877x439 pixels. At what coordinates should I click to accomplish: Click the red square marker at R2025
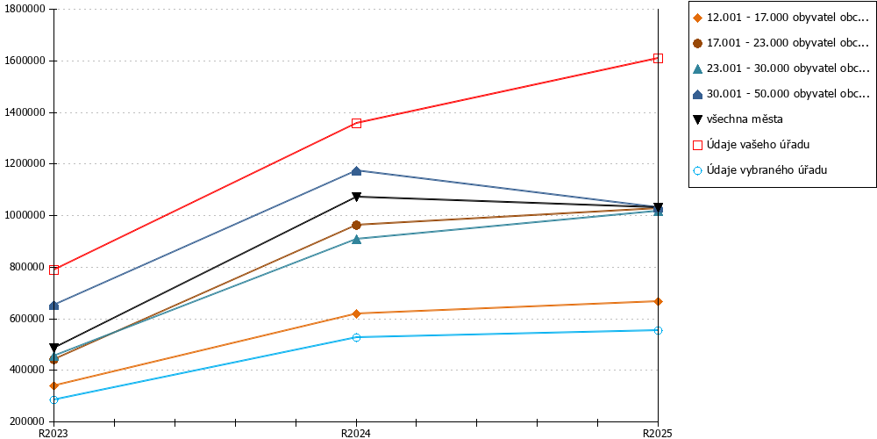(659, 58)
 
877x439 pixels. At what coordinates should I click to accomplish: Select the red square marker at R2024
(356, 123)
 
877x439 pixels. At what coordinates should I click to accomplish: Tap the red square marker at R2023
(54, 270)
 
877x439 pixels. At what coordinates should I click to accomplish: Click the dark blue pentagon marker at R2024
(356, 170)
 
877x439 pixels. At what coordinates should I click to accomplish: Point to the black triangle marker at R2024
(356, 197)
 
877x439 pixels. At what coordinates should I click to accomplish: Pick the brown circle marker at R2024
(356, 225)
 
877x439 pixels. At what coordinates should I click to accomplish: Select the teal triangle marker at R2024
(356, 239)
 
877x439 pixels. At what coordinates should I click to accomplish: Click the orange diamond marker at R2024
(356, 313)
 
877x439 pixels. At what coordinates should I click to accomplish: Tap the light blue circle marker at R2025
(659, 330)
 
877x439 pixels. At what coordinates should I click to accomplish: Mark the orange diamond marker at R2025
(659, 301)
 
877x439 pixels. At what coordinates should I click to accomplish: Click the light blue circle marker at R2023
(54, 399)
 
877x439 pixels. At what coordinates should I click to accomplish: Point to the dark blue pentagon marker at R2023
(54, 306)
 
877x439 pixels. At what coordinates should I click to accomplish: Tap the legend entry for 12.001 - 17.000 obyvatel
(781, 18)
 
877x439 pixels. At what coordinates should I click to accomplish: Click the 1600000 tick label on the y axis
(26, 61)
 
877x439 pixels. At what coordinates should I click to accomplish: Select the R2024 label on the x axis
(356, 433)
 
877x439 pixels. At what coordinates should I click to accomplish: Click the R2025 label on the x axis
(657, 433)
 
